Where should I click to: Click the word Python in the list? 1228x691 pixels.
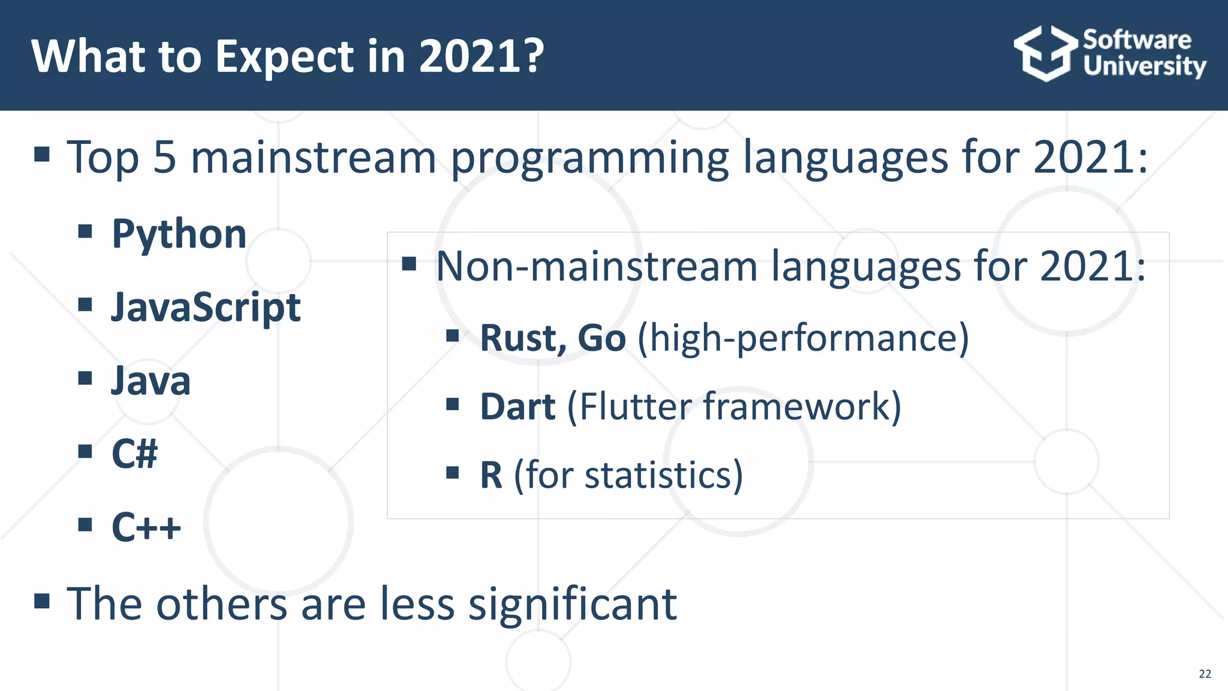[x=179, y=235]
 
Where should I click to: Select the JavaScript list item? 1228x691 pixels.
[x=205, y=308]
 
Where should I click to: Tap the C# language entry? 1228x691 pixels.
[x=134, y=454]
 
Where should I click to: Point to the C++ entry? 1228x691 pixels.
[x=146, y=527]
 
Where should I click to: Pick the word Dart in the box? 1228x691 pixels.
[x=517, y=407]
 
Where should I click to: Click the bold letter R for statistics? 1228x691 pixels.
[x=491, y=476]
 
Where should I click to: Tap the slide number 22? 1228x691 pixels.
[x=1205, y=674]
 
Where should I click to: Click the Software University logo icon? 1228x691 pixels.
[x=1045, y=53]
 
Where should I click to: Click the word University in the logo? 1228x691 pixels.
[x=1144, y=66]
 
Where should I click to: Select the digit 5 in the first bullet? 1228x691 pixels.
[x=165, y=158]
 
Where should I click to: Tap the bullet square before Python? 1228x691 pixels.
[x=85, y=231]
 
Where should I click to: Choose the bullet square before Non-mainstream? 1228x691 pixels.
[x=409, y=263]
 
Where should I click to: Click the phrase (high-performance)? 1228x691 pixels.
[x=803, y=338]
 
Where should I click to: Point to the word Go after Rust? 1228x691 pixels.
[x=601, y=338]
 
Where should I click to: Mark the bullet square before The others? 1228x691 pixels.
[x=41, y=600]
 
